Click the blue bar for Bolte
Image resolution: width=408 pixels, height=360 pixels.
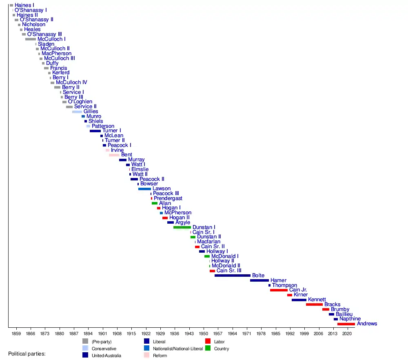pos(232,276)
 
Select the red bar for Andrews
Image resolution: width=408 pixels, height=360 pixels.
pos(346,324)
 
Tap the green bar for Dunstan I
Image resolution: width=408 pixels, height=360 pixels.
pos(182,227)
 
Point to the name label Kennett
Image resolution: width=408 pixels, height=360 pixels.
pos(317,300)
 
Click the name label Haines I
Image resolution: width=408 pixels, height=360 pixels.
pos(24,5)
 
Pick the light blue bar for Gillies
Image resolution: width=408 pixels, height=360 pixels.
pos(77,112)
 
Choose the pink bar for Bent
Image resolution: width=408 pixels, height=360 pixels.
pos(114,155)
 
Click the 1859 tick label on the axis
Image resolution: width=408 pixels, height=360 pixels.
pos(16,333)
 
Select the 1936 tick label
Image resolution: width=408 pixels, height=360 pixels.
pos(175,333)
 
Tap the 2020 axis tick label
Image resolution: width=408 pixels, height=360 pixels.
pos(347,333)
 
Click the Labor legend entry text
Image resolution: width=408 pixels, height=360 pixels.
pos(219,342)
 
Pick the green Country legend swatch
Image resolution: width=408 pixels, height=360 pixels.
pos(208,348)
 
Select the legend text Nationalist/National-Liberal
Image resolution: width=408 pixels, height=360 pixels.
pos(178,349)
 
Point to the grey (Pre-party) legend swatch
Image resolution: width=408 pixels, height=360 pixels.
pos(85,341)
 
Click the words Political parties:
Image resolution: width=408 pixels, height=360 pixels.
pos(27,353)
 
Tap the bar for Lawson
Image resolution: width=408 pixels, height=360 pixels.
pos(144,189)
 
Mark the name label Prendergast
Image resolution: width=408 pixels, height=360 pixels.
pos(168,198)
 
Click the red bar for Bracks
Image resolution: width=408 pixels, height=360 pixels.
pos(314,304)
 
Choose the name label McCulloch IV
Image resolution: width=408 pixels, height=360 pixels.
pos(71,82)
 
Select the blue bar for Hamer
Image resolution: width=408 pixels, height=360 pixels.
pos(259,280)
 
